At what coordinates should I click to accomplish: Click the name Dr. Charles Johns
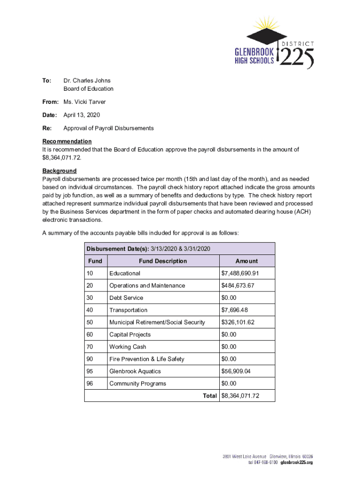(87, 80)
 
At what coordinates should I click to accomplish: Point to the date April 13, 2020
(81, 115)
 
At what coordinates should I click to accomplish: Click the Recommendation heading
(67, 141)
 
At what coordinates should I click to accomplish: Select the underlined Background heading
(59, 171)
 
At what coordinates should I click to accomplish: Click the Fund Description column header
(163, 261)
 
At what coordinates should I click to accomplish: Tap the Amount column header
(246, 261)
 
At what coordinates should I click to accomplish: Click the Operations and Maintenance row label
(147, 286)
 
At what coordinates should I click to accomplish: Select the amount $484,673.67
(238, 286)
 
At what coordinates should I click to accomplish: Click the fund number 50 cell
(90, 322)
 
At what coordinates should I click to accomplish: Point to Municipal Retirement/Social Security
(157, 322)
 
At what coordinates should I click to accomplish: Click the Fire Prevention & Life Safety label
(146, 359)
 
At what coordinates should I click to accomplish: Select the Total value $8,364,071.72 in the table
(240, 396)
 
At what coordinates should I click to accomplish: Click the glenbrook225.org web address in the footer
(296, 463)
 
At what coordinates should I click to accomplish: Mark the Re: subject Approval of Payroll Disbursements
(108, 128)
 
